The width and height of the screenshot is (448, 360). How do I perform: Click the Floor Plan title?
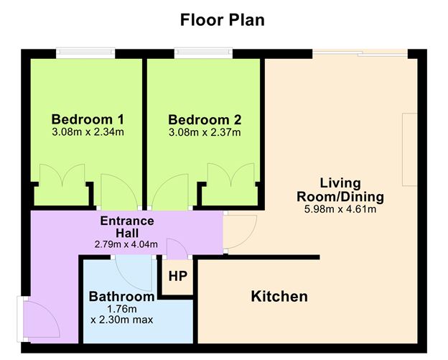(x=223, y=19)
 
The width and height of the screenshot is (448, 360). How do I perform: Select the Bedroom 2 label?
(x=205, y=119)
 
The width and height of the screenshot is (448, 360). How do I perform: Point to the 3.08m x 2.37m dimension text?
(x=205, y=132)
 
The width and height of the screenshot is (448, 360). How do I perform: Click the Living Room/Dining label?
(x=341, y=190)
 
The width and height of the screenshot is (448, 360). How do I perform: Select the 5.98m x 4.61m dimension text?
(x=341, y=210)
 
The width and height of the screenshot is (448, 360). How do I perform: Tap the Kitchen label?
(x=279, y=296)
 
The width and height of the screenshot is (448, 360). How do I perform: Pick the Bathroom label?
(x=121, y=296)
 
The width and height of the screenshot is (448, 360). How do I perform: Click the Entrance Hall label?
(x=127, y=226)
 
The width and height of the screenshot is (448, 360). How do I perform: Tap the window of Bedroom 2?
(x=203, y=52)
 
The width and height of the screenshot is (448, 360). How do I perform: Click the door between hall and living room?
(x=241, y=231)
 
